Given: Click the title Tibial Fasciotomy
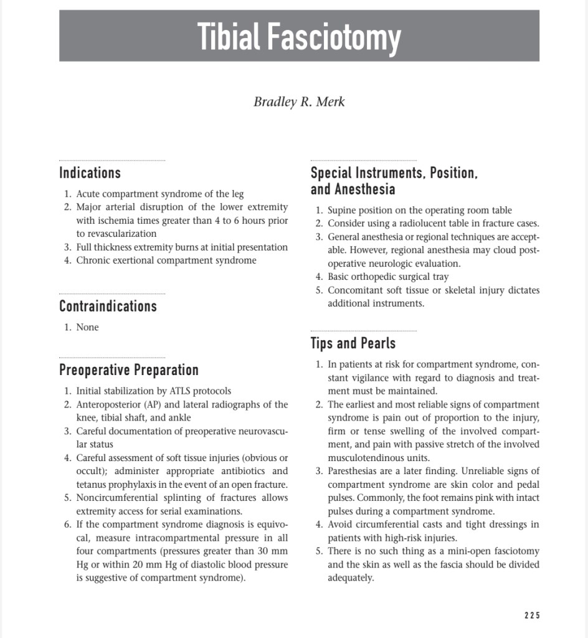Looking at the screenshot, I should coord(299,36).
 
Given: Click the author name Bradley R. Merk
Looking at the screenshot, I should coord(299,102).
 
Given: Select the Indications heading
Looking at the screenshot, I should coord(90,173).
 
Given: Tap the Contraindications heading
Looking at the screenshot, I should coord(108,306).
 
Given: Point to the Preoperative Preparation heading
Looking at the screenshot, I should coord(128,370).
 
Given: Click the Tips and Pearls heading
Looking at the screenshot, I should coord(353,343).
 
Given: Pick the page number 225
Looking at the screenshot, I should coord(531,616).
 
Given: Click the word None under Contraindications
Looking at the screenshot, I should coord(87,327).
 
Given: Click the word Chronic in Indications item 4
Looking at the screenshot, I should coord(92,260).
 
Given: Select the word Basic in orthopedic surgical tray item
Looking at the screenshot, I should coord(339,277).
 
